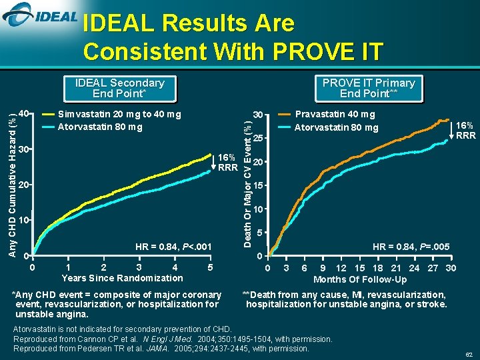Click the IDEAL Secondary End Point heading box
119,88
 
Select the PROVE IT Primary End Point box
368,88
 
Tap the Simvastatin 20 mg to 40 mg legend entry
119,114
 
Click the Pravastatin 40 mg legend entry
335,115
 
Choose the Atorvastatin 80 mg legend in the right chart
336,127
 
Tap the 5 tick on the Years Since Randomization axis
211,267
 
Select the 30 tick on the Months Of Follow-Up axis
451,268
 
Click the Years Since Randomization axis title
122,277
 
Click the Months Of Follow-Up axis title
360,279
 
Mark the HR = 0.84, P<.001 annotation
173,247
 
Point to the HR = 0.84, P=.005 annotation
411,247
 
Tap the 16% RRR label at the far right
465,130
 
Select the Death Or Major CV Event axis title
246,176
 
